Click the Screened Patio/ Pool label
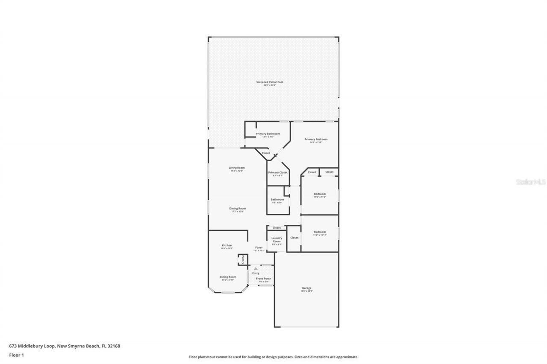[270, 82]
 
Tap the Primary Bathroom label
[268, 134]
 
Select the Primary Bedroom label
[316, 139]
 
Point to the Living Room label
[237, 168]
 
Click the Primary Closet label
[278, 172]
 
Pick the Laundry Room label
[276, 240]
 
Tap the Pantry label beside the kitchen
[243, 259]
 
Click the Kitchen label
[227, 245]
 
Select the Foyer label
[259, 248]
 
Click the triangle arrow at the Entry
[256, 268]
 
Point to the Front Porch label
[264, 279]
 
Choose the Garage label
[307, 288]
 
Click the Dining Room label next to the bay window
[228, 277]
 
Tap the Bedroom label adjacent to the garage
[320, 232]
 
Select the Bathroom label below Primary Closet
[277, 199]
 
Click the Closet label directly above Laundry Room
[277, 228]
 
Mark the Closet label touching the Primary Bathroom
[266, 153]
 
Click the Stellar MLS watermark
[531, 182]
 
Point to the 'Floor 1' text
[16, 355]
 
